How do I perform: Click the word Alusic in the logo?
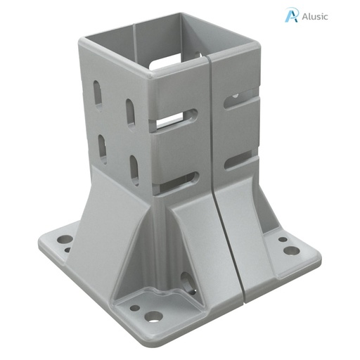(314, 16)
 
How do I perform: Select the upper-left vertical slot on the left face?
(98, 94)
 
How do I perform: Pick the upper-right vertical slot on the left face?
(131, 112)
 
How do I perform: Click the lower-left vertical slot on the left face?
(103, 148)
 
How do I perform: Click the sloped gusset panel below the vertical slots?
(112, 204)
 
